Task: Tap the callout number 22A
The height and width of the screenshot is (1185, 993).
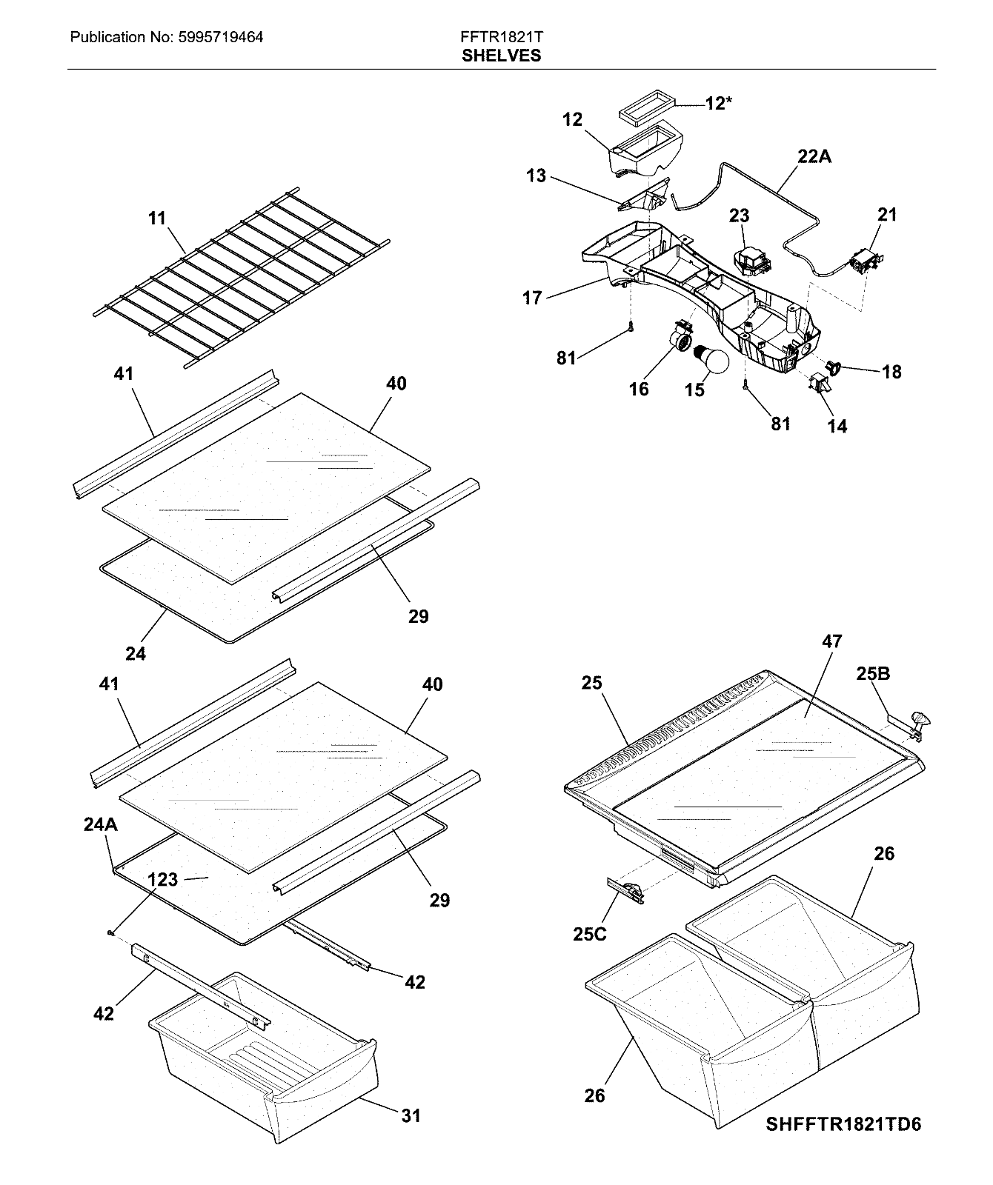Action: point(814,156)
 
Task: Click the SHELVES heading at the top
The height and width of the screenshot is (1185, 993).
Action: point(501,56)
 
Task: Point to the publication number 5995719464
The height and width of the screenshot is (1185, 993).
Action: point(221,36)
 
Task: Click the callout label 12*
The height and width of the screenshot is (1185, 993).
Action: point(717,104)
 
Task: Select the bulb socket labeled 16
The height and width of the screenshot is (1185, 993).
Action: point(681,337)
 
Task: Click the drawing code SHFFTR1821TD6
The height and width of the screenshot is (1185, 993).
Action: point(843,1124)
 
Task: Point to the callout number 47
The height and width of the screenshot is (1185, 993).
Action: point(831,641)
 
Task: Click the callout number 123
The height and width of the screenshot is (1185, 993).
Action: point(162,879)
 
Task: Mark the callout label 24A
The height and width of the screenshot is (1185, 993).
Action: point(100,825)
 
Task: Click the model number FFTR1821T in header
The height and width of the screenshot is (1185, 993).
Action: point(501,36)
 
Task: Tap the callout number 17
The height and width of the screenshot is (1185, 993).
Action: point(532,298)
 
